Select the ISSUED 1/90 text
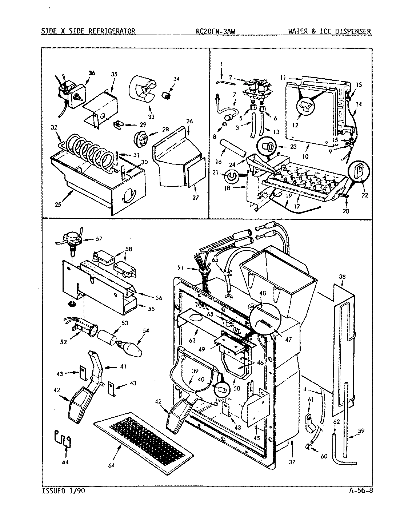click(x=64, y=491)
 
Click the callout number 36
click(x=91, y=73)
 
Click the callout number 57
click(x=98, y=239)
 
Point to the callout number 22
click(x=364, y=195)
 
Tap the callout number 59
click(x=361, y=431)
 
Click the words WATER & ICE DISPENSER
click(x=329, y=31)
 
